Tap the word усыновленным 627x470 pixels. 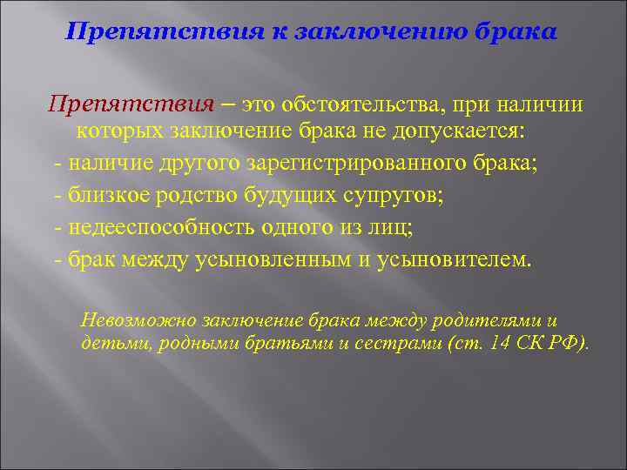[283, 259]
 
